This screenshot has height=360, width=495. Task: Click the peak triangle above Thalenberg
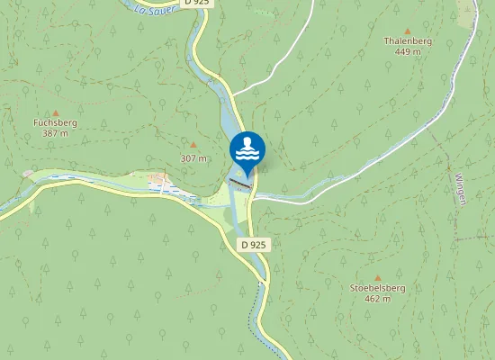pyautogui.click(x=407, y=29)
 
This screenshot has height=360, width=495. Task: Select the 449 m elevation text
pyautogui.click(x=407, y=52)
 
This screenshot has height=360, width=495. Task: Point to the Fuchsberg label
pyautogui.click(x=55, y=121)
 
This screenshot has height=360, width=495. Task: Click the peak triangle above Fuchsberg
pyautogui.click(x=55, y=111)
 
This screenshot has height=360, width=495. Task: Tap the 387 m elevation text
pyautogui.click(x=55, y=133)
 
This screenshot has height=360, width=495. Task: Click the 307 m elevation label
pyautogui.click(x=193, y=158)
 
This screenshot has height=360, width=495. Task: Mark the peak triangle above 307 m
pyautogui.click(x=193, y=145)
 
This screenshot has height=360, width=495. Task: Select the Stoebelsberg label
pyautogui.click(x=377, y=288)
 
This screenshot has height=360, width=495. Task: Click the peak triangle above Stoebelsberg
pyautogui.click(x=377, y=277)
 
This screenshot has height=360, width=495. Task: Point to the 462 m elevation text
pyautogui.click(x=377, y=299)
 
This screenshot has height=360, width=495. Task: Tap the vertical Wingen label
pyautogui.click(x=460, y=188)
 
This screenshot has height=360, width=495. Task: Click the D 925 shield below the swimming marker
pyautogui.click(x=255, y=245)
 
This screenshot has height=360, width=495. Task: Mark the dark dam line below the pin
pyautogui.click(x=240, y=183)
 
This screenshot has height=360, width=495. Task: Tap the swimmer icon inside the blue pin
pyautogui.click(x=247, y=148)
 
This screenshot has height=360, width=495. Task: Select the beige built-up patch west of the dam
pyautogui.click(x=162, y=181)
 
